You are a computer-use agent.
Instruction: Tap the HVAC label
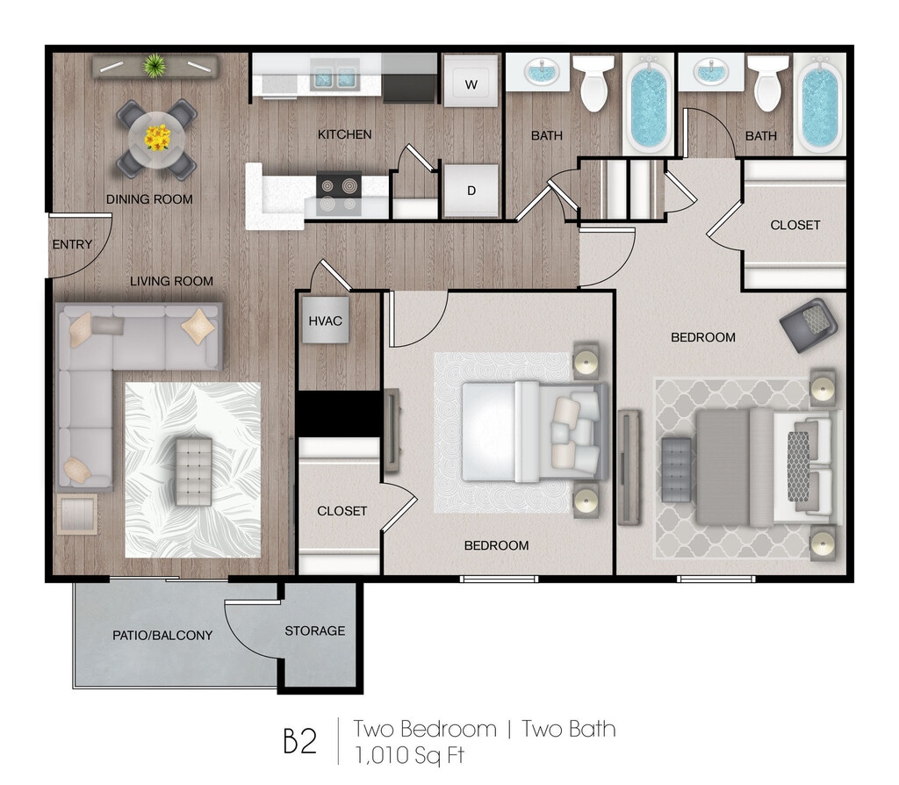click(x=325, y=320)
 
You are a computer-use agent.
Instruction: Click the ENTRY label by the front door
click(x=72, y=244)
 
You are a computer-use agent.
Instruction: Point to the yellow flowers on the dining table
click(x=158, y=138)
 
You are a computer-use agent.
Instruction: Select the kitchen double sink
click(x=334, y=78)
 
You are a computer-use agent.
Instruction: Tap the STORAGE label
click(x=314, y=630)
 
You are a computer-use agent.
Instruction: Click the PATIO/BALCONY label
click(x=162, y=635)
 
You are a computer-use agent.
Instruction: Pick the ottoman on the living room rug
click(x=194, y=472)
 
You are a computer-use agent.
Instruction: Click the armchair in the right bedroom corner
click(x=807, y=326)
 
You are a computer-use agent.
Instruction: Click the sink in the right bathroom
click(x=710, y=72)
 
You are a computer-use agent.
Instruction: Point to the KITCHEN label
click(x=344, y=134)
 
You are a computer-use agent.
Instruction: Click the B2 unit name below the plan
click(x=299, y=740)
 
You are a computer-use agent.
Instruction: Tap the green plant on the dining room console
click(x=155, y=64)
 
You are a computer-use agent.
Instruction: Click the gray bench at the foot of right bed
click(x=677, y=465)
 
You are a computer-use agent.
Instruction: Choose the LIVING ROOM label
click(x=172, y=281)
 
